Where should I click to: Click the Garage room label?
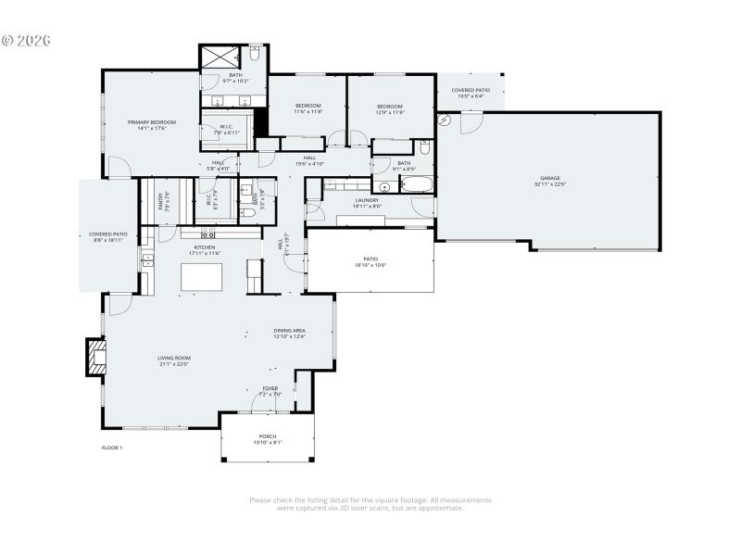coord(550,178)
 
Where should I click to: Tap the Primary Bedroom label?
coord(151,122)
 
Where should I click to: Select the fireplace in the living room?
coord(96,357)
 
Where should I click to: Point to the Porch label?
coord(267,436)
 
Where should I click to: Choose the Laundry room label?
coord(368,199)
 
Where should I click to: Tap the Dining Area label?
coord(289,331)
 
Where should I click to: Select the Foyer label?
coord(270,388)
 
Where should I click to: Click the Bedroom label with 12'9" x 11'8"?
coord(389,106)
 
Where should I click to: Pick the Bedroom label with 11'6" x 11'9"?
coord(308,106)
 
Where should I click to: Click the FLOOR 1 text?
coord(112,448)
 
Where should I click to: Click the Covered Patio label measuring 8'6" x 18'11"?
coord(107,234)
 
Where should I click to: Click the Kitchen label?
coord(205,247)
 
